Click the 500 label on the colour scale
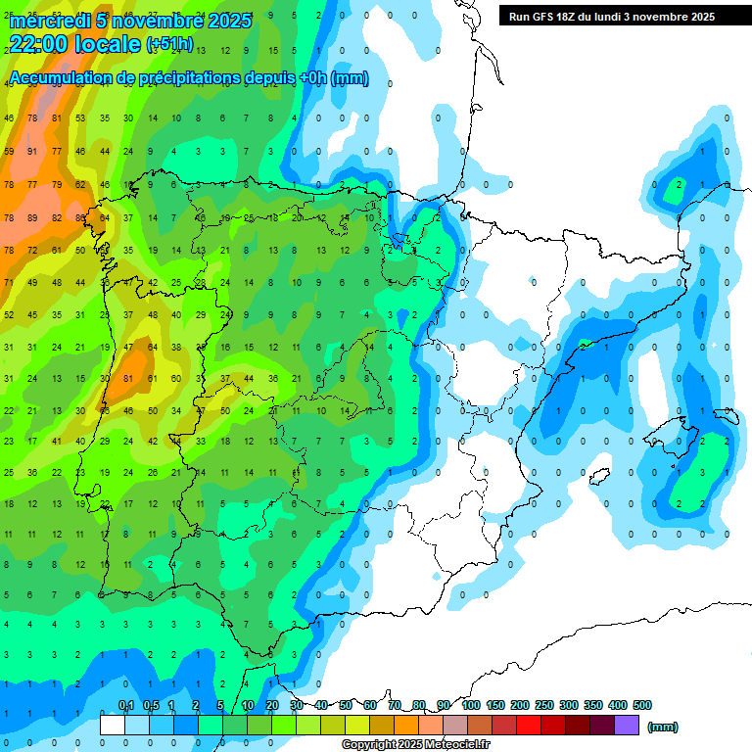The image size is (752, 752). click(642, 705)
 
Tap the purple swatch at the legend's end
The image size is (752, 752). click(627, 726)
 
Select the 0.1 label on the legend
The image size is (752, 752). click(126, 705)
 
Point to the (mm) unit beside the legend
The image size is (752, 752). click(663, 727)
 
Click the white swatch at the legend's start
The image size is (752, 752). click(113, 726)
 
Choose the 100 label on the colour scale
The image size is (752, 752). click(471, 705)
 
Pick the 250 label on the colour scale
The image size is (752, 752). click(544, 705)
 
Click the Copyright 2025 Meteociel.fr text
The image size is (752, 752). click(416, 745)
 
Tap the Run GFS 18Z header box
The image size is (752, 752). click(611, 17)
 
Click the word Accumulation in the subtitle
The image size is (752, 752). click(59, 78)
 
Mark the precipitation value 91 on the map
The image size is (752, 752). click(32, 151)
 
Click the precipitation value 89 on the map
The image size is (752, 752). click(32, 217)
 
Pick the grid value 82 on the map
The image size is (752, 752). click(56, 217)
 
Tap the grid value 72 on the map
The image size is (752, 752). click(32, 251)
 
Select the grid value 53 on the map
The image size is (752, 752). click(79, 117)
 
